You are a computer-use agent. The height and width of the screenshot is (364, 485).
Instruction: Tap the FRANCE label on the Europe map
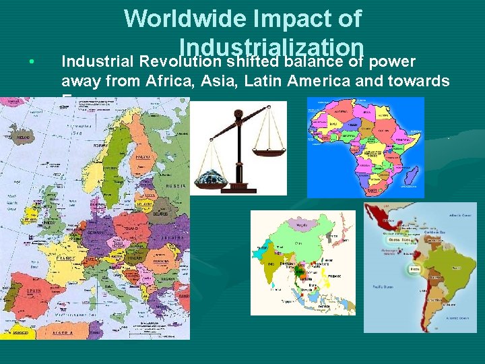66,258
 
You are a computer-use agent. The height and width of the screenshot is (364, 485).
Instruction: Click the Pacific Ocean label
382,286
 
